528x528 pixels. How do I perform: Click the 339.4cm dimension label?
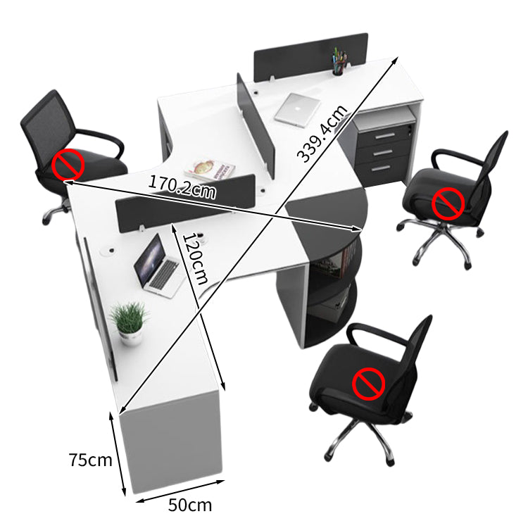click(x=322, y=133)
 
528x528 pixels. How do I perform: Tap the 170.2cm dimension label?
click(x=182, y=187)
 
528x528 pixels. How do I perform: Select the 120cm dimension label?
click(x=195, y=258)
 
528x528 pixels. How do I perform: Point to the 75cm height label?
click(x=90, y=460)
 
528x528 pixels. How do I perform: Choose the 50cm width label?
click(x=190, y=505)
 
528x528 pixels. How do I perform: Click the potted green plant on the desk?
click(x=130, y=322)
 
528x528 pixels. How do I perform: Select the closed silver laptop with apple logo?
click(x=297, y=110)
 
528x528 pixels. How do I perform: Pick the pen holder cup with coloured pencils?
click(x=340, y=62)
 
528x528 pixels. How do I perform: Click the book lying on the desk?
click(x=210, y=170)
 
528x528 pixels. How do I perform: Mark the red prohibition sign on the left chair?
click(x=68, y=165)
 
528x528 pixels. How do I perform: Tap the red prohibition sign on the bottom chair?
click(x=368, y=384)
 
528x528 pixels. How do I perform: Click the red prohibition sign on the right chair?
click(x=448, y=203)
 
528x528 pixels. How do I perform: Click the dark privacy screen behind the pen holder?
click(x=310, y=56)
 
